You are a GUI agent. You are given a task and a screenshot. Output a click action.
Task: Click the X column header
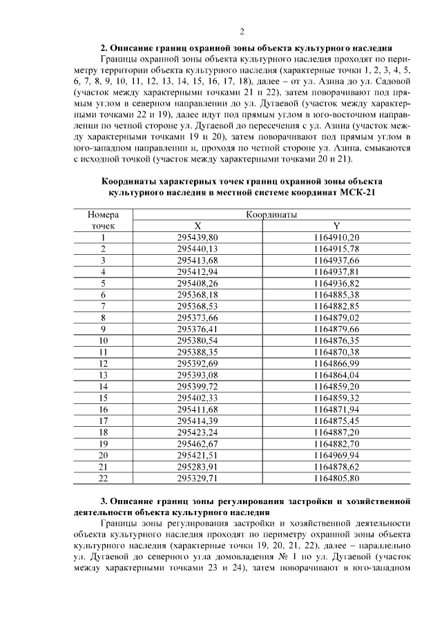[198, 226]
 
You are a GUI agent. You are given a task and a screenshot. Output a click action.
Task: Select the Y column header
[336, 226]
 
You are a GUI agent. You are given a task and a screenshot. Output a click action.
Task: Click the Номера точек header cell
[103, 220]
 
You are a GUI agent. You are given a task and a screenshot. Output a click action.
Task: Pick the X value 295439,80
[198, 237]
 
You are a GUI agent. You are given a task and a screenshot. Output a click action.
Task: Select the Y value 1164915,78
[336, 249]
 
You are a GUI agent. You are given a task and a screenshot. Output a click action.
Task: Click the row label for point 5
[103, 283]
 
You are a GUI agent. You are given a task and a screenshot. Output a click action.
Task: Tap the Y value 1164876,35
[336, 340]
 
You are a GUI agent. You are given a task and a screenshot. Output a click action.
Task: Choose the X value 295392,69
[198, 363]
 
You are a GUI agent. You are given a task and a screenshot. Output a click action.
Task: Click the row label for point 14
[103, 386]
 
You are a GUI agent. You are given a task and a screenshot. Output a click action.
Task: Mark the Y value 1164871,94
[336, 409]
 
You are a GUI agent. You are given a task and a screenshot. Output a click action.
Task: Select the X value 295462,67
[198, 443]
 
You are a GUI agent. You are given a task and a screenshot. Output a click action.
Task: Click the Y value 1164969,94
[336, 455]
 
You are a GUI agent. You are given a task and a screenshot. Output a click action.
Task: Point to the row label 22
[103, 478]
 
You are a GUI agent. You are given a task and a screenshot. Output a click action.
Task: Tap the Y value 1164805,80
[336, 478]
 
